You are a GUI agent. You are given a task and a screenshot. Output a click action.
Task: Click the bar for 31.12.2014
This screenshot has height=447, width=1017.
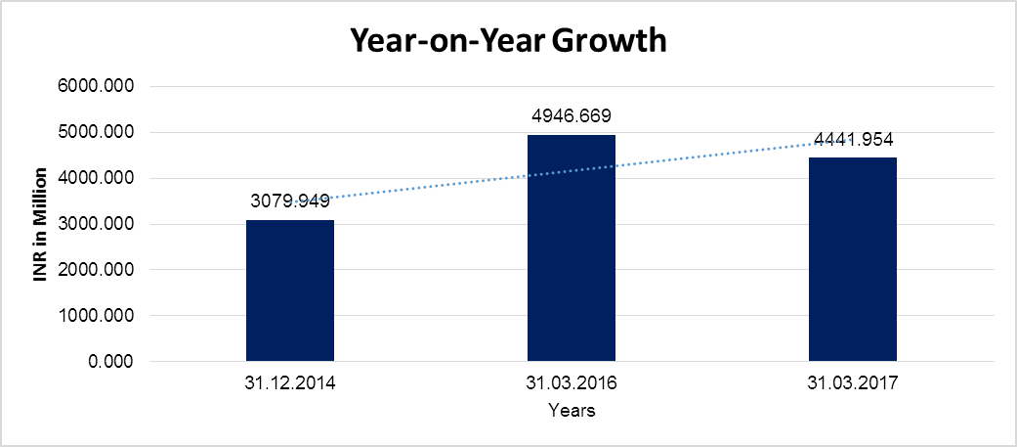[x=290, y=291]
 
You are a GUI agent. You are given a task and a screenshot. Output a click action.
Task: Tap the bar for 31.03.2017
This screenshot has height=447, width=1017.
[x=853, y=259]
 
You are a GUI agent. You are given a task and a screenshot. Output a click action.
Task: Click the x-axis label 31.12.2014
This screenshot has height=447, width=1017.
[x=290, y=384]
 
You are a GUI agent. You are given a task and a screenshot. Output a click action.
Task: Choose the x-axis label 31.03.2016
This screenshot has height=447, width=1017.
[x=572, y=384]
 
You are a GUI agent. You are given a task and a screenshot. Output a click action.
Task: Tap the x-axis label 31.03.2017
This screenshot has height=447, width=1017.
[x=853, y=384]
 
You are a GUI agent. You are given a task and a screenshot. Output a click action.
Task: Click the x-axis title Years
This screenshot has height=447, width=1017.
[x=572, y=411]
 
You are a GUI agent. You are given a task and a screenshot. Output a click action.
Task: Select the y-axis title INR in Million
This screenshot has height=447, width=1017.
[x=41, y=224]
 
